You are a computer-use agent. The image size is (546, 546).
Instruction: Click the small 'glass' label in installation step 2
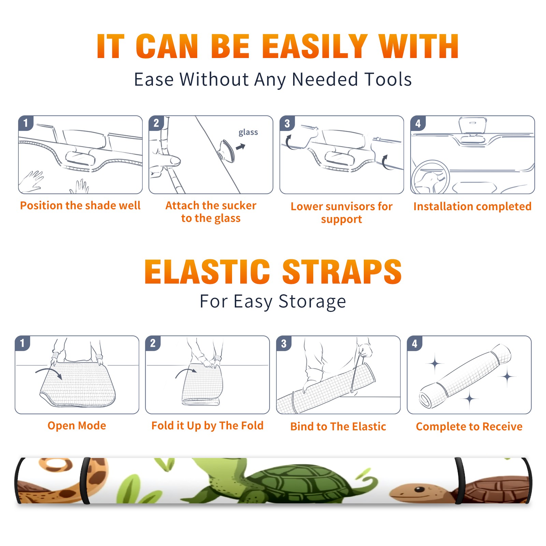pos(248,132)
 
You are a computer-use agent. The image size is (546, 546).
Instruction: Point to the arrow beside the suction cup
pos(241,147)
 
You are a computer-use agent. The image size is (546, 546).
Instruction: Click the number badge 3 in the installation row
pos(287,123)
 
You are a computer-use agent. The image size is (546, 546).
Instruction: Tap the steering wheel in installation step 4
pos(430,177)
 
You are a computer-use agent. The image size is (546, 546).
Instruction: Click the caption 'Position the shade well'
pos(80,205)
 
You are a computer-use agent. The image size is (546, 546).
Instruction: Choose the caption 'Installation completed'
pos(472,206)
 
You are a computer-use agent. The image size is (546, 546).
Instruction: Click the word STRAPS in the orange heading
pos(342,272)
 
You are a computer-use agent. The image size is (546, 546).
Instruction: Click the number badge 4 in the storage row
pos(415,343)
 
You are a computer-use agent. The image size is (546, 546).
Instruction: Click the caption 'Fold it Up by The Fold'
pos(207,426)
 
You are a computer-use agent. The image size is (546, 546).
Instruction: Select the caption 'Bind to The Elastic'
pos(338,427)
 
